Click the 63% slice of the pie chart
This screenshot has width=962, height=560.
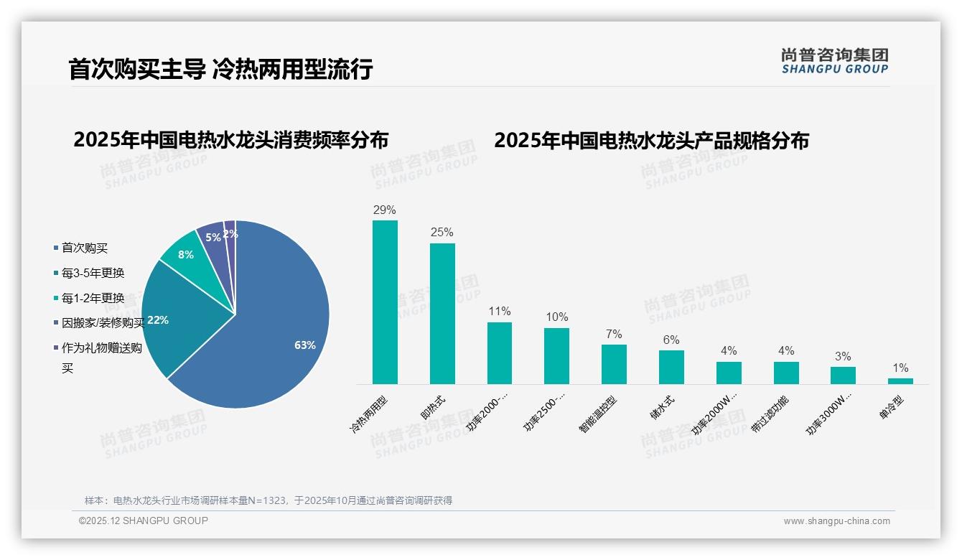280,337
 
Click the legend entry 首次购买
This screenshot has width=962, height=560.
84,248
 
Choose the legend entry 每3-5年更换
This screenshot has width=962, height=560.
92,273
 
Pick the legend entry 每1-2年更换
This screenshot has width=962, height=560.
92,298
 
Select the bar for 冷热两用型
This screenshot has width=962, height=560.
385,302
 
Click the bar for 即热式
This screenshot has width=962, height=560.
442,314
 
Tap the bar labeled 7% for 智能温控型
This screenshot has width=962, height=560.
614,364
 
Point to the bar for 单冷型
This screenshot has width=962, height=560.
900,381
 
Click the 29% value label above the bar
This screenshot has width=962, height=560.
385,210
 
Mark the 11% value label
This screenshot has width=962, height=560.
499,312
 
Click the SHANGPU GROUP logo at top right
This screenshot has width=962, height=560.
834,61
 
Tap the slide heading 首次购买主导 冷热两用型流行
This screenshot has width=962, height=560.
220,69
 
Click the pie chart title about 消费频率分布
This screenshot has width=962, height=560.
230,139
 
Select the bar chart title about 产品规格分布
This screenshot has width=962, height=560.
651,141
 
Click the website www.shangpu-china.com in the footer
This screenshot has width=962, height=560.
836,521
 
